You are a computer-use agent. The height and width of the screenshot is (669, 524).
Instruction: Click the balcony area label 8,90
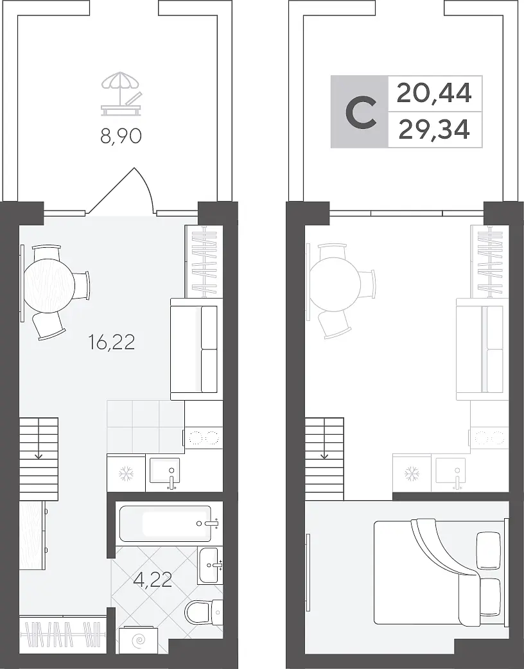tap(121, 136)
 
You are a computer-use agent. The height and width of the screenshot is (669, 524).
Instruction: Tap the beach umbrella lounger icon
tap(121, 94)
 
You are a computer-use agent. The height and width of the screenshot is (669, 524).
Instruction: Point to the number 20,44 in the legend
tap(434, 94)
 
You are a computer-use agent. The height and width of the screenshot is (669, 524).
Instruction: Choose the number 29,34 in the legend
tap(434, 129)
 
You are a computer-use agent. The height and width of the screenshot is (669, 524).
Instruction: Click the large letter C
tap(361, 112)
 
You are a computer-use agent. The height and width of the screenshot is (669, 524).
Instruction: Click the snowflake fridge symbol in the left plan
tap(127, 473)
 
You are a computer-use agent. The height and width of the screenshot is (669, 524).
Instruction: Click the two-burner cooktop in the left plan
tap(203, 438)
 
